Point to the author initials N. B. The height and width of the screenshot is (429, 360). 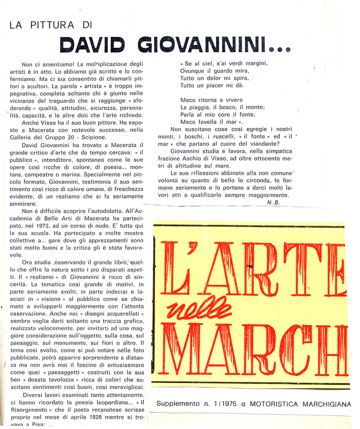[x=273, y=203]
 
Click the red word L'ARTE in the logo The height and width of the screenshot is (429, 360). [x=253, y=269]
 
